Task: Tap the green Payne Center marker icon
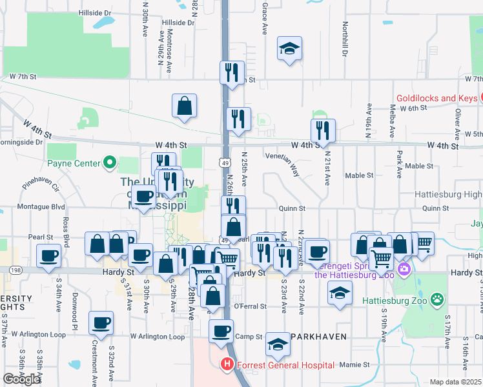point(109,163)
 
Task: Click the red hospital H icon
point(227,364)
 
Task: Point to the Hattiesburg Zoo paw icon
point(438,299)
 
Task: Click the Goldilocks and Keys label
point(436,98)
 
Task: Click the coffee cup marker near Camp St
point(221,332)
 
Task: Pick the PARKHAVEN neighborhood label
point(319,337)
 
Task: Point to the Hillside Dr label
point(94,12)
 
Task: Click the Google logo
point(22,379)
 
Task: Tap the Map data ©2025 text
point(455,382)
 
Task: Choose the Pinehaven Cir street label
point(41,187)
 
